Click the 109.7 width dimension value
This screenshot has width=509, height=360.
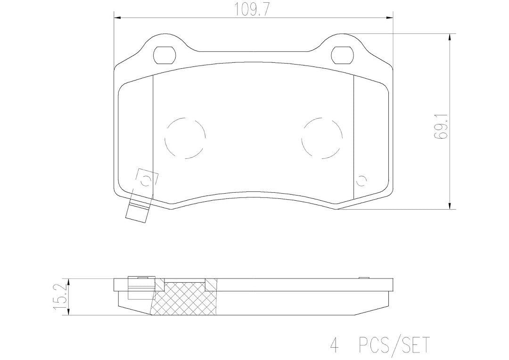(x=252, y=9)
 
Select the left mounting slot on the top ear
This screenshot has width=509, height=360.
(x=165, y=56)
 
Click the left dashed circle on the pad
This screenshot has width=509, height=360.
(x=185, y=138)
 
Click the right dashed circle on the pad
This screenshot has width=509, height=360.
(x=322, y=138)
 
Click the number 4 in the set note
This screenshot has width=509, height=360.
(x=334, y=345)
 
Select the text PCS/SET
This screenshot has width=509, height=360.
(x=394, y=345)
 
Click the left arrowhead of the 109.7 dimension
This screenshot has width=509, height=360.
(x=118, y=18)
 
